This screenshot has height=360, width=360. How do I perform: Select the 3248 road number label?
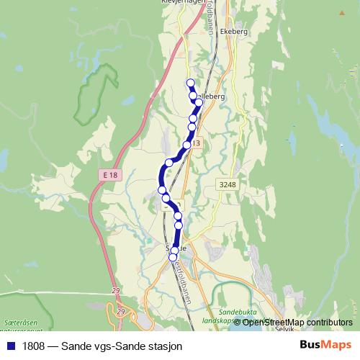coord(228,185)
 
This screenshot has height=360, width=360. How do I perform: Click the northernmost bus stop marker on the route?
coord(191,82)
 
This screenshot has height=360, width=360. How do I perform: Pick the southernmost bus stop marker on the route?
coord(173,257)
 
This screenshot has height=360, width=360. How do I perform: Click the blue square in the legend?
coord(10,346)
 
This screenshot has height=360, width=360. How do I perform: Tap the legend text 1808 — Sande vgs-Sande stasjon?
coord(102,346)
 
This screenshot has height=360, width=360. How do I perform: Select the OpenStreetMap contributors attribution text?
coord(297,322)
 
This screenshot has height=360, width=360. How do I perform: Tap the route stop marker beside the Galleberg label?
coord(199,103)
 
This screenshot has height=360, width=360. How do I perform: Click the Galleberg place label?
coord(212,95)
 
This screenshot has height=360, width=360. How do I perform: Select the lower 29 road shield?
coord(121,310)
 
